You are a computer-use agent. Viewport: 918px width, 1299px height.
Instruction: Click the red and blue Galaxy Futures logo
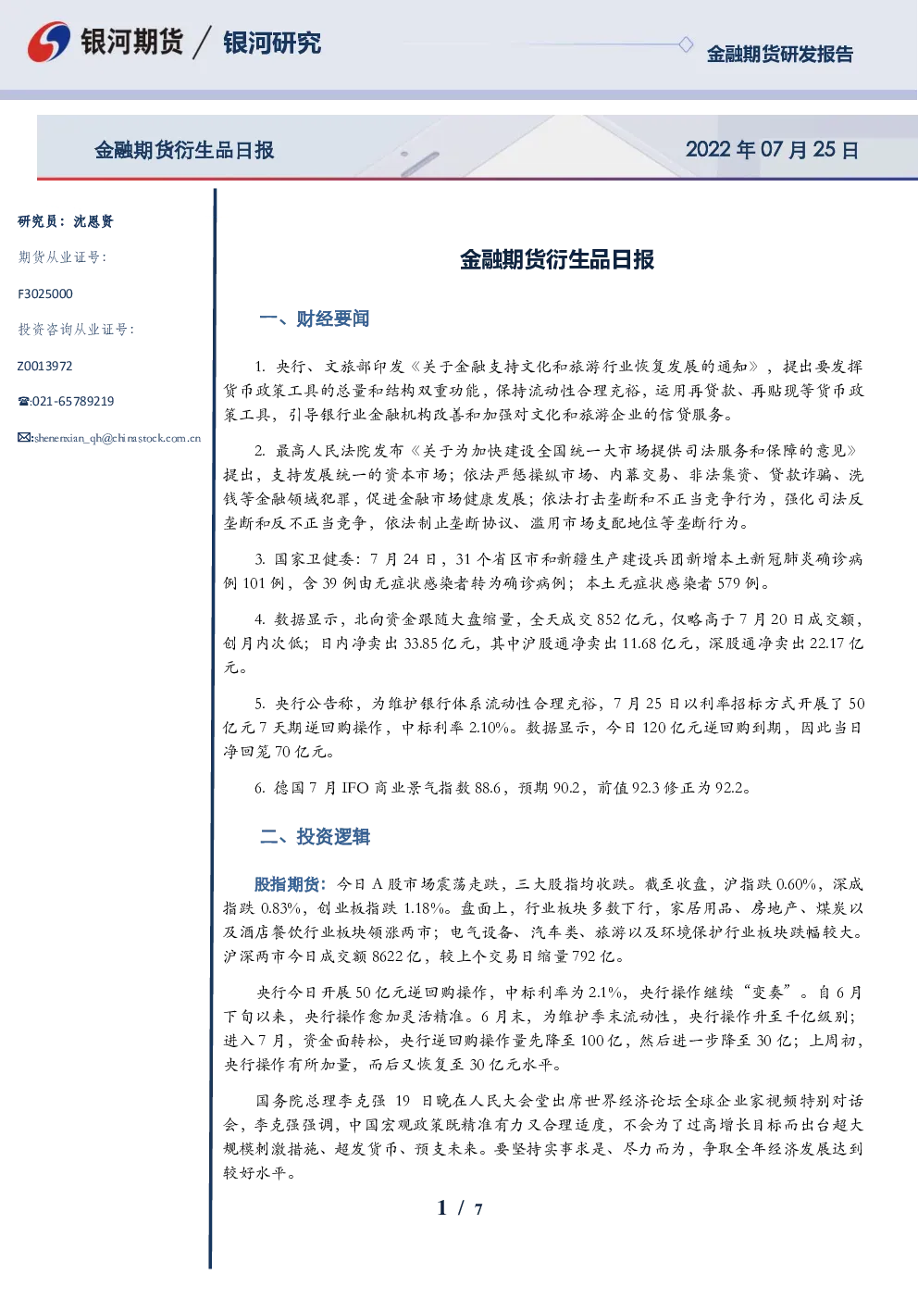[x=49, y=42]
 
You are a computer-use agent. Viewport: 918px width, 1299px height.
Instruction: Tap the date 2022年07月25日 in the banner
[x=772, y=150]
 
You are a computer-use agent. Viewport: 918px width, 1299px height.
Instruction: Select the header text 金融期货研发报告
[x=779, y=54]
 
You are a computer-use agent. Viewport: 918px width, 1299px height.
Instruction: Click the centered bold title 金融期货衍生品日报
[x=557, y=259]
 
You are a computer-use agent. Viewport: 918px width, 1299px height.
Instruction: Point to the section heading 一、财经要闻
[x=315, y=319]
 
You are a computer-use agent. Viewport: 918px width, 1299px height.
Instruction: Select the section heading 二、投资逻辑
[x=315, y=837]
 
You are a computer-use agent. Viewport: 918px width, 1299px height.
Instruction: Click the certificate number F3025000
[x=45, y=294]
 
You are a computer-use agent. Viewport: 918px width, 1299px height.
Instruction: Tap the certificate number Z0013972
[x=45, y=366]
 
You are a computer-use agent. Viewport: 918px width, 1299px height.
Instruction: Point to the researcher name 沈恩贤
[x=93, y=221]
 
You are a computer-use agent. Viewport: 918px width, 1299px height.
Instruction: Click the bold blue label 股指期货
[x=287, y=884]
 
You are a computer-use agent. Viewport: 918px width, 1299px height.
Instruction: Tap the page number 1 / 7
[x=461, y=1208]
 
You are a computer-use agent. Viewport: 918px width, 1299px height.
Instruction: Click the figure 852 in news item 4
[x=609, y=619]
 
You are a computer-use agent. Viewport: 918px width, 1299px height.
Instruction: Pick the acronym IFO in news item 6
[x=354, y=788]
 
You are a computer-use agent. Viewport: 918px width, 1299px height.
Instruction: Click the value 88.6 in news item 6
[x=487, y=788]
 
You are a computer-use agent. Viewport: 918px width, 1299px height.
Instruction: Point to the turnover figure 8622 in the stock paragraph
[x=388, y=956]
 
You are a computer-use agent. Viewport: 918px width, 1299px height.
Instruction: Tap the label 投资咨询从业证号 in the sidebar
[x=73, y=330]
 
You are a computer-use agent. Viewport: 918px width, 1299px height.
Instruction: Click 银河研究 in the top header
[x=272, y=43]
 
